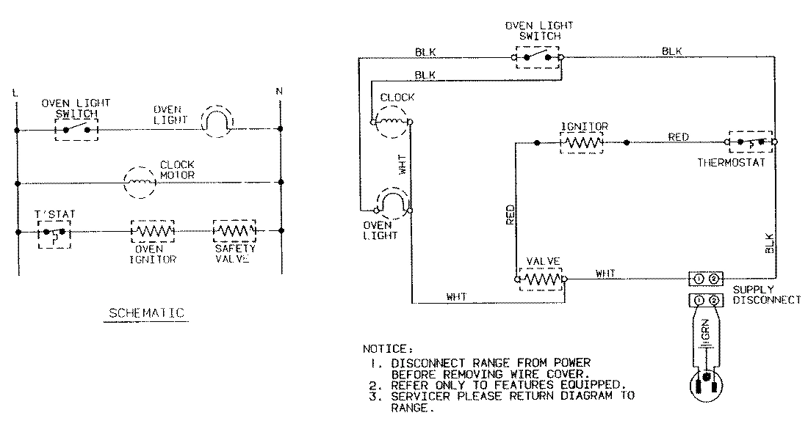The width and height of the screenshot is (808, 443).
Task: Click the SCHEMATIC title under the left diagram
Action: click(x=146, y=313)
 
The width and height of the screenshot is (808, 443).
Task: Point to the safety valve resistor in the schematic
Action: click(x=234, y=231)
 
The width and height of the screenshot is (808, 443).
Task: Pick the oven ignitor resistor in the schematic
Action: click(x=152, y=231)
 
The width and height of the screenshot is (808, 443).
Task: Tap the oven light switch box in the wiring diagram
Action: click(x=538, y=56)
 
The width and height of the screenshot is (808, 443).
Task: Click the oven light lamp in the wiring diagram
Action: click(x=392, y=203)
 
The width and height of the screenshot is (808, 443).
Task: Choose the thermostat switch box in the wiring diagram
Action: click(x=751, y=141)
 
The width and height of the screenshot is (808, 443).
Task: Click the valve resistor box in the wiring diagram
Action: click(x=541, y=279)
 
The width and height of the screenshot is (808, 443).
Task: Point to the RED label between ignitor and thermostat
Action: click(x=678, y=136)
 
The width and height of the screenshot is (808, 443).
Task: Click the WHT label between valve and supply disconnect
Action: click(x=605, y=274)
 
